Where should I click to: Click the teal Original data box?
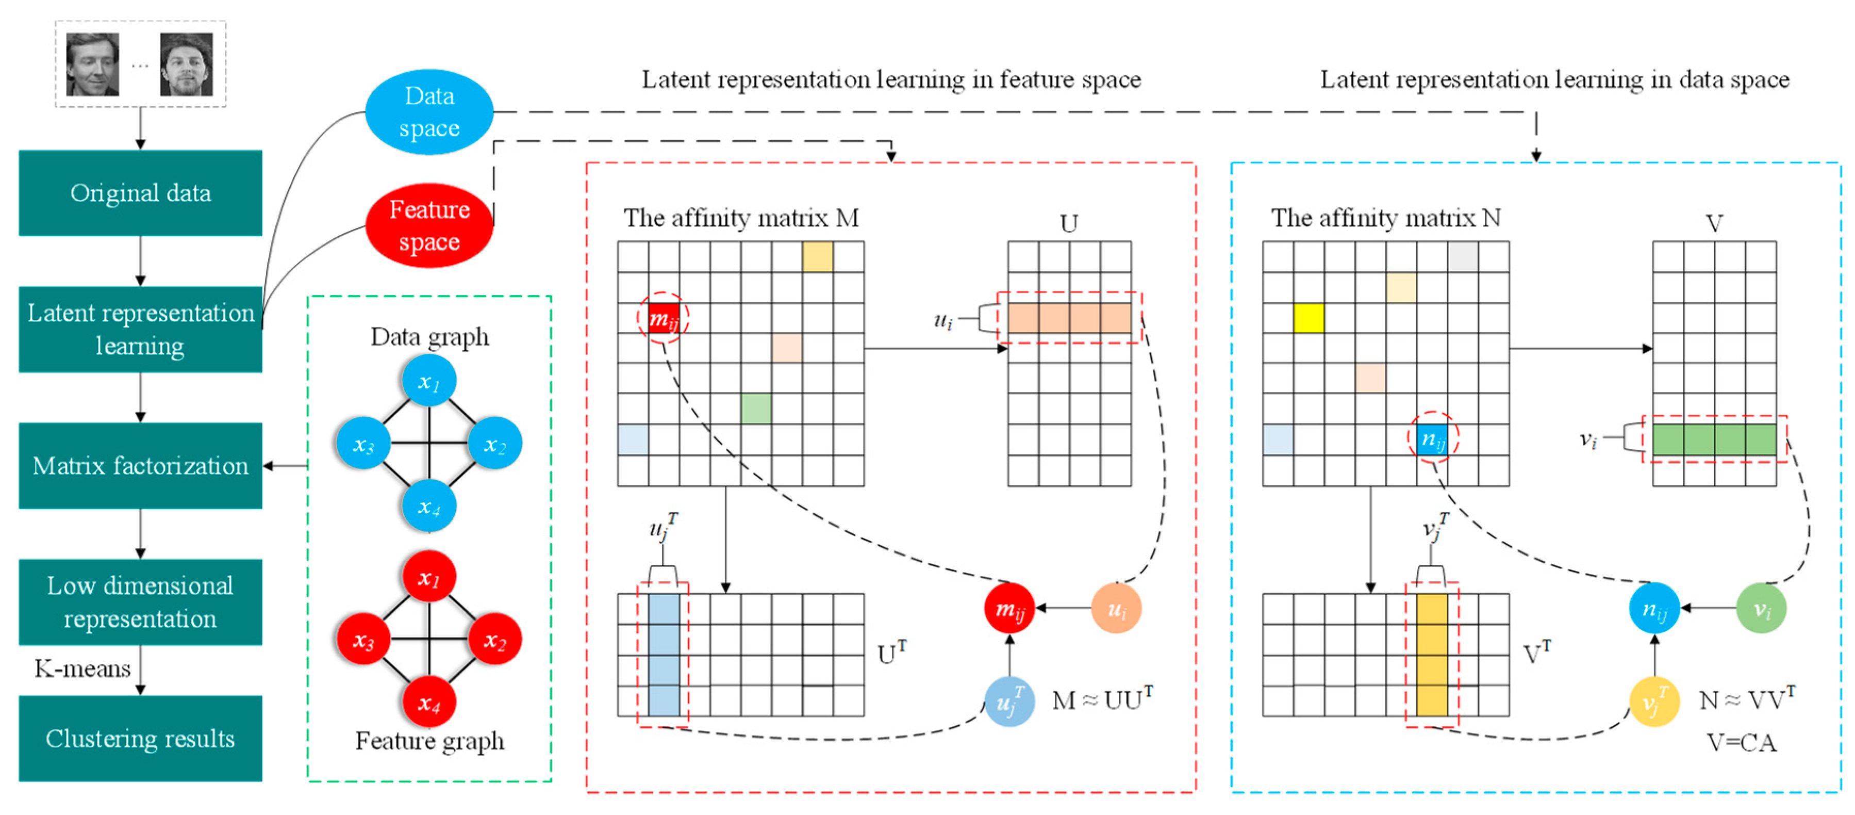140,193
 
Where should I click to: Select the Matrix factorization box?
140,465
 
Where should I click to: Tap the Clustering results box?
140,738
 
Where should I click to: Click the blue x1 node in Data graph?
429,381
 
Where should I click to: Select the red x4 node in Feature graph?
429,702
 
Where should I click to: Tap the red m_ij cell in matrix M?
663,318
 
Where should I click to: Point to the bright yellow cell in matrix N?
1309,318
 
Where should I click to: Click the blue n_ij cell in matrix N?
1432,439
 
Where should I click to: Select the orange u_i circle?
1116,609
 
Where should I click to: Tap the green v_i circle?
1761,609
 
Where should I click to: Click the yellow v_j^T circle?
1654,701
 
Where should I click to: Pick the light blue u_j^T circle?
1009,701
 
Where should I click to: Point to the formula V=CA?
1741,742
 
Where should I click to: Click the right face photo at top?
187,64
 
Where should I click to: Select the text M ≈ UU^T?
1102,699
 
